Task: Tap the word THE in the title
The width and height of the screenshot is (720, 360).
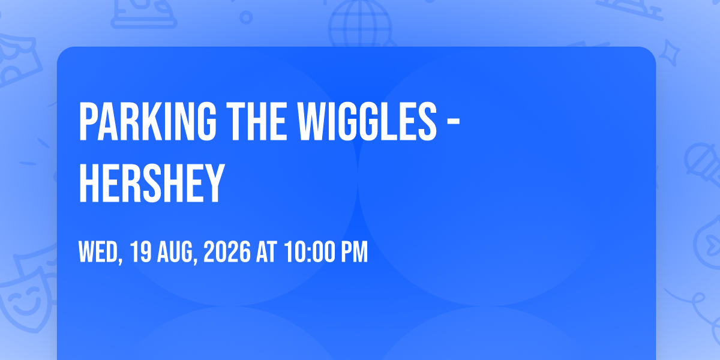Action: (256, 121)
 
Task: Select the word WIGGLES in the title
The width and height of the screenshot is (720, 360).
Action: (367, 121)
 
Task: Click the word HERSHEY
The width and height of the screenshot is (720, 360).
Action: (151, 183)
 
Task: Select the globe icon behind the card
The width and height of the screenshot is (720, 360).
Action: (360, 24)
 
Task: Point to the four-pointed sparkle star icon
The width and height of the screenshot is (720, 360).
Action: (670, 53)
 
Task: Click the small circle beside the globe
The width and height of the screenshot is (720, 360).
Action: (246, 17)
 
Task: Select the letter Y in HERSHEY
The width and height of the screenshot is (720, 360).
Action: (214, 183)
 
